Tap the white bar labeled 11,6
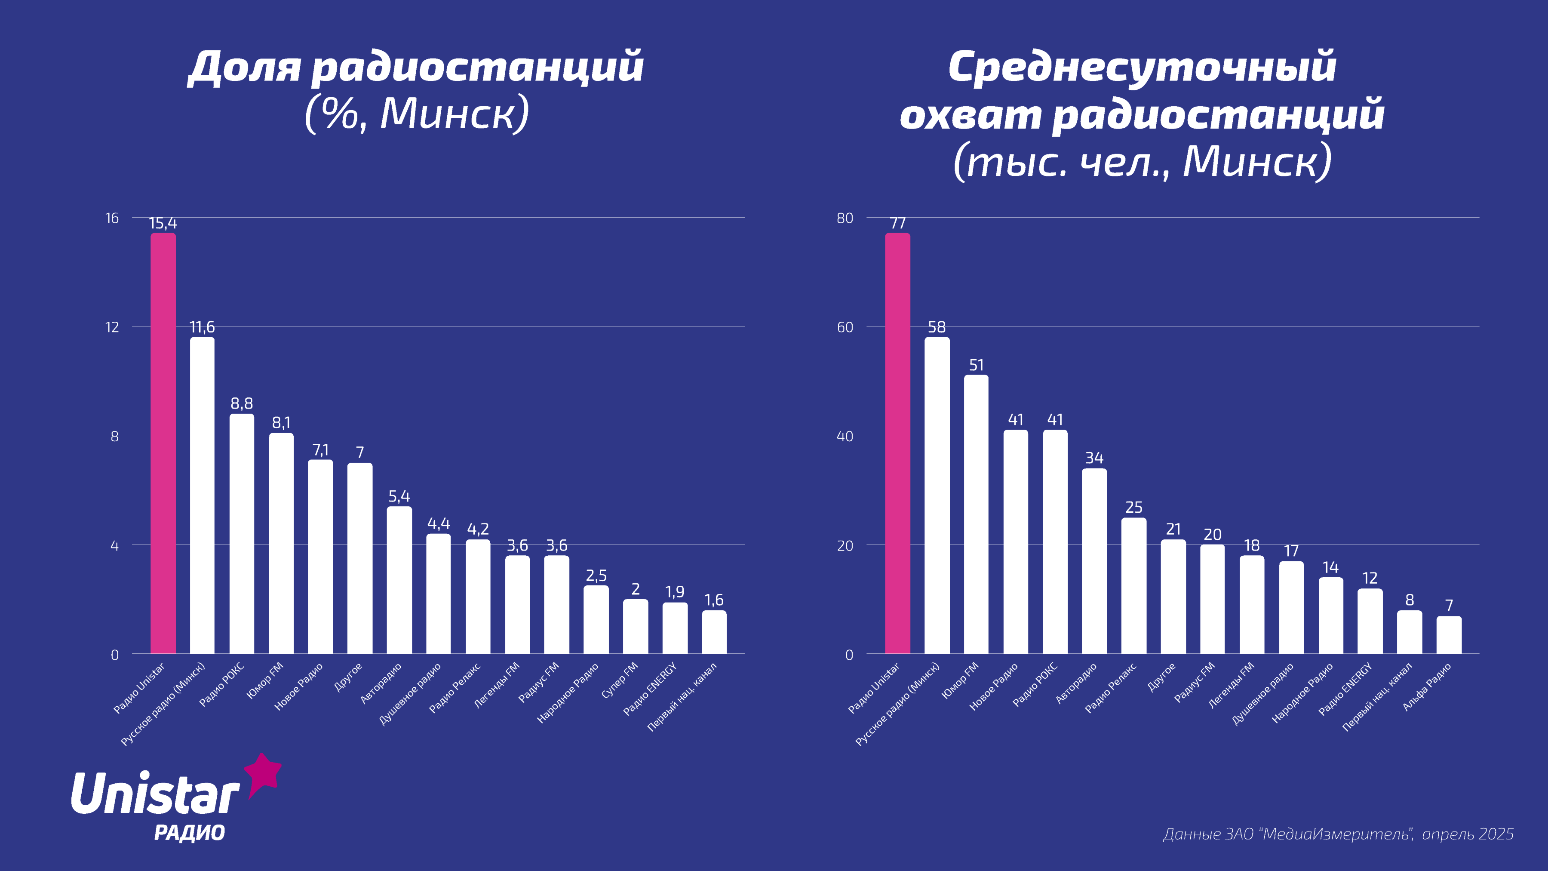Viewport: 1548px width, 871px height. coord(202,496)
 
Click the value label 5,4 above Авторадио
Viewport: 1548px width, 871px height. coord(399,496)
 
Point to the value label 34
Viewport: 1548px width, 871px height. coord(1094,458)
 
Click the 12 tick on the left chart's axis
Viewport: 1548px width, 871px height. coord(112,327)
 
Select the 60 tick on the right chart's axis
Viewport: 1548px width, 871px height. coord(845,327)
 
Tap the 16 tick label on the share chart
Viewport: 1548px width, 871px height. coord(112,218)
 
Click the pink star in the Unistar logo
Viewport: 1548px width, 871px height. coord(263,774)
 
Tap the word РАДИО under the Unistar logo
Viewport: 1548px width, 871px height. coord(189,833)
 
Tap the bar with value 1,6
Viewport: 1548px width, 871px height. coord(714,632)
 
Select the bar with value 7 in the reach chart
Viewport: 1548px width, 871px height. coord(1449,635)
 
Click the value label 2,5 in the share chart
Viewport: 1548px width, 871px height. coord(596,576)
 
